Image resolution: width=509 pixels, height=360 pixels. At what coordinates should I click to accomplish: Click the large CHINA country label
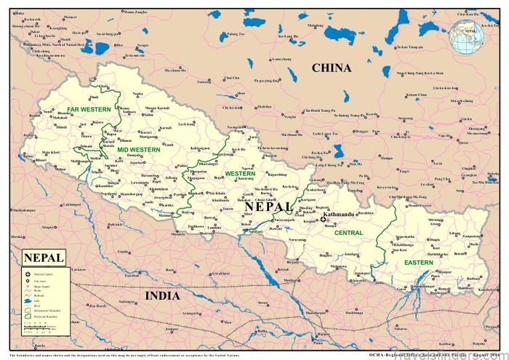pos(331,68)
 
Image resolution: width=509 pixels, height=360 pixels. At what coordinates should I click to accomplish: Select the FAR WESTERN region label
pos(89,109)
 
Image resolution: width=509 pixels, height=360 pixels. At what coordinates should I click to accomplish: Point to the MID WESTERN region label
pos(133,149)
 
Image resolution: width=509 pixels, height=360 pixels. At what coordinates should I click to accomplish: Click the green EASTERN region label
pos(419,262)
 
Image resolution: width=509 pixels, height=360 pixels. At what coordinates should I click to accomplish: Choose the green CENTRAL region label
pos(349,233)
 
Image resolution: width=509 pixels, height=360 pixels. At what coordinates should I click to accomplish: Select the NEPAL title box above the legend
pos(44,257)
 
